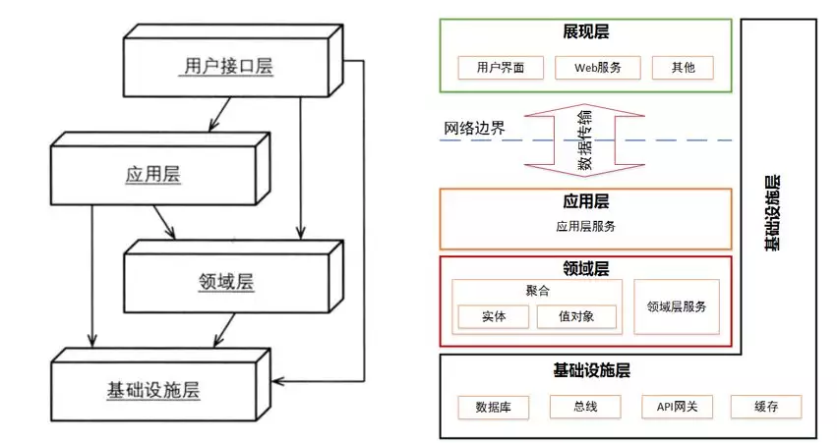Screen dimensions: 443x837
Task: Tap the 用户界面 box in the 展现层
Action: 494,68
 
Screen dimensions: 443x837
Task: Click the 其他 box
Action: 682,68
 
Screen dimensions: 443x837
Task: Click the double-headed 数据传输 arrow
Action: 584,140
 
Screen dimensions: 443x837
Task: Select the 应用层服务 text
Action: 586,226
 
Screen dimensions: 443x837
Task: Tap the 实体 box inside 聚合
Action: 494,317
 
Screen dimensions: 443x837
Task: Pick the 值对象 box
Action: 576,317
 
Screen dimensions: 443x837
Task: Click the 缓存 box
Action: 765,407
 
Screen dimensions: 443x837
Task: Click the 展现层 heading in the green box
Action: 586,33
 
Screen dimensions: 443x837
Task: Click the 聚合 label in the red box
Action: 537,291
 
